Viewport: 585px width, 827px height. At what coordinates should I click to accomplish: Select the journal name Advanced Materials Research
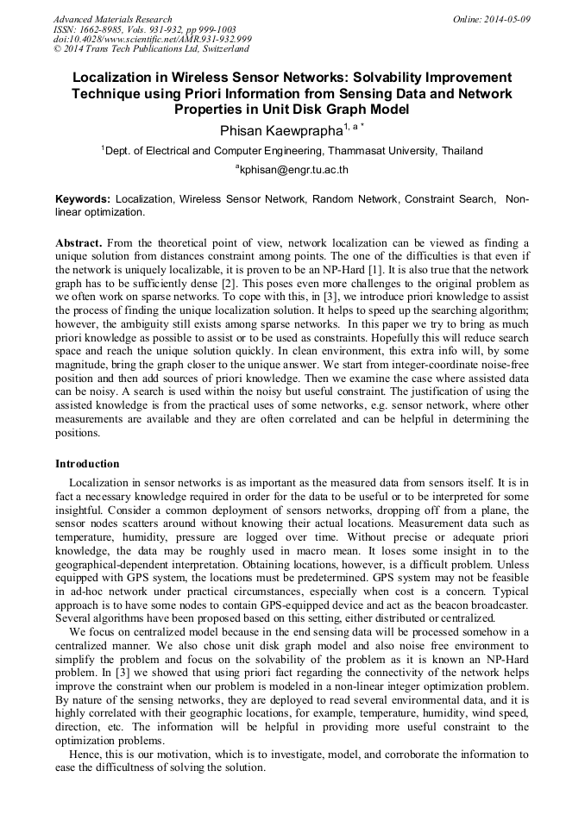pos(112,19)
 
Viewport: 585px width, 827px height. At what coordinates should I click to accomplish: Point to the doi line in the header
pos(152,39)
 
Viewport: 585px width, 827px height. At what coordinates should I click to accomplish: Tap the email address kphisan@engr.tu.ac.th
pos(294,170)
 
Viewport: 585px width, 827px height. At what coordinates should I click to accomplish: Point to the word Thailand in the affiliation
pos(462,150)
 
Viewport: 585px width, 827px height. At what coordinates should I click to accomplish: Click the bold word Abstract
pos(79,244)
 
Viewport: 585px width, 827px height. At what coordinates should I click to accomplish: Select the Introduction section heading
pos(87,464)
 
